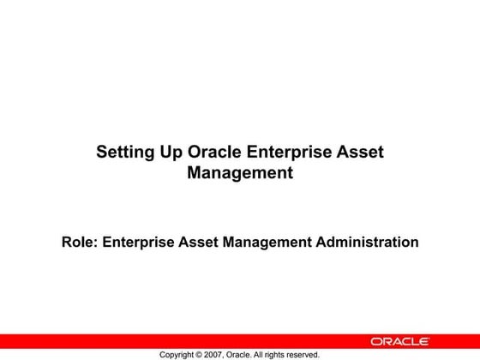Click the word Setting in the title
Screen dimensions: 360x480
[125, 153]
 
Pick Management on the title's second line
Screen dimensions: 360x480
[240, 173]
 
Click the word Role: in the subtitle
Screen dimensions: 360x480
[80, 243]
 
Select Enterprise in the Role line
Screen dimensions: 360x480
[139, 243]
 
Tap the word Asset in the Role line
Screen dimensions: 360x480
[199, 243]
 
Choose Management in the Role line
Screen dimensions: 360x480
[267, 243]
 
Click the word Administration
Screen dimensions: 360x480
[368, 243]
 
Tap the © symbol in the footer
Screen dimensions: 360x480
[208, 354]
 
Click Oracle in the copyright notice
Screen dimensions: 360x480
[255, 354]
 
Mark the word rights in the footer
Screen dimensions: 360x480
[295, 354]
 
